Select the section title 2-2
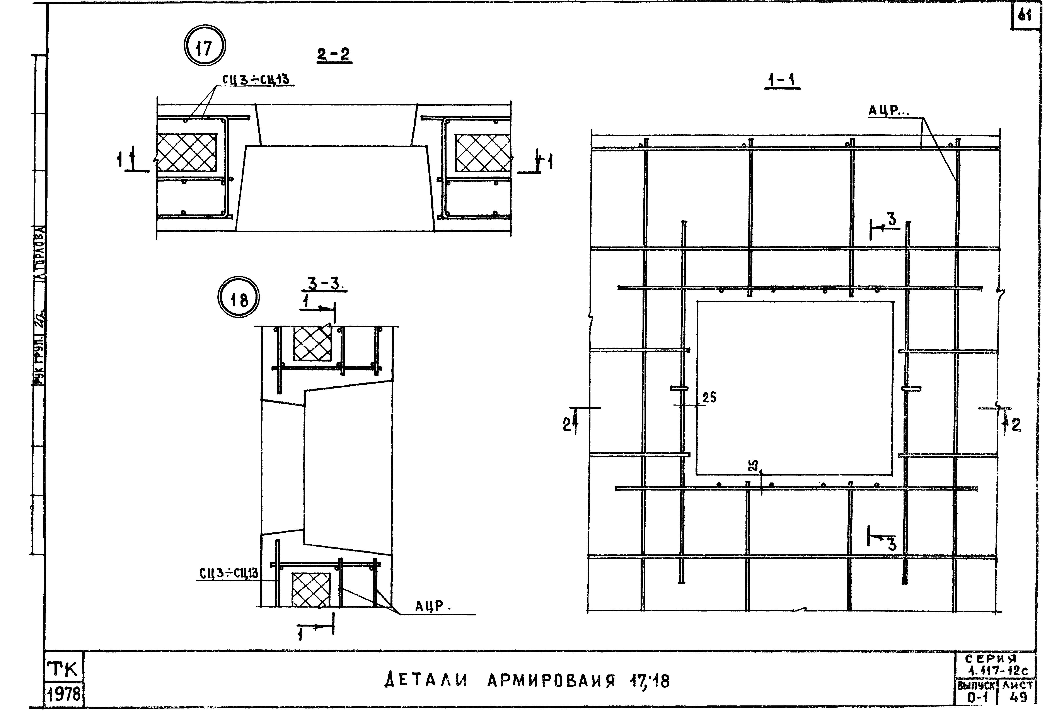(x=334, y=55)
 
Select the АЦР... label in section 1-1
(x=886, y=110)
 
